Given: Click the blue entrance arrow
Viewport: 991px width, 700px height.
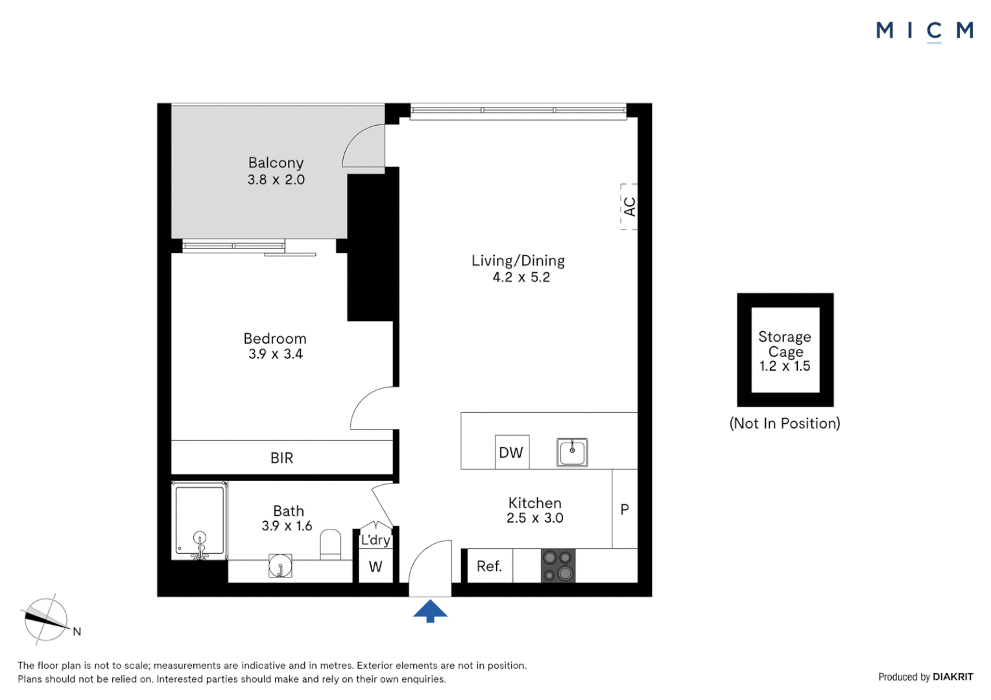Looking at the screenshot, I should (430, 611).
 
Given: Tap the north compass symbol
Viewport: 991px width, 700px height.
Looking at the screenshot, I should (46, 620).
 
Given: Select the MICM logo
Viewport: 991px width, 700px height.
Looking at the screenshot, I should (924, 30).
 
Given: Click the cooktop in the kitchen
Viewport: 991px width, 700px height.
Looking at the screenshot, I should (558, 566).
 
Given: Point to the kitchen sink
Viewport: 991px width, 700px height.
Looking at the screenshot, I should (572, 452).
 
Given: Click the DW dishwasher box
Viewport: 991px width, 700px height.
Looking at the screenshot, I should (511, 452).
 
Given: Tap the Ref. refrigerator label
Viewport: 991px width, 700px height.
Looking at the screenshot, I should (489, 566).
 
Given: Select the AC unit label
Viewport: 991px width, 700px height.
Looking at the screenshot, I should (629, 207).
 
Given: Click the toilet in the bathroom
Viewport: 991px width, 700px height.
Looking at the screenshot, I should (330, 544).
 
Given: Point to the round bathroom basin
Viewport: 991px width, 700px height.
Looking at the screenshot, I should (280, 566).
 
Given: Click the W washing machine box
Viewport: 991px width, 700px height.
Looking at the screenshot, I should (376, 567).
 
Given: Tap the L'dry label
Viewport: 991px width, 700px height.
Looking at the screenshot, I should (376, 540).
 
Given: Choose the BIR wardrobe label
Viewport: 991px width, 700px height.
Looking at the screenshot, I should (281, 458).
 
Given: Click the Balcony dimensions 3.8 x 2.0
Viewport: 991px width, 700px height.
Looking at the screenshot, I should (276, 180).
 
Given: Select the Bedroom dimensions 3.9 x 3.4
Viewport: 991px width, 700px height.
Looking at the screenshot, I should (275, 355).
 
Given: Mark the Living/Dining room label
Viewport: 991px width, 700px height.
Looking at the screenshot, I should (518, 261).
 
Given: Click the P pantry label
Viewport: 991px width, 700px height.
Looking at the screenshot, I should (625, 509).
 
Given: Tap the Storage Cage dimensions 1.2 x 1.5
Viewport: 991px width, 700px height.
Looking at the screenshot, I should (785, 366).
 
